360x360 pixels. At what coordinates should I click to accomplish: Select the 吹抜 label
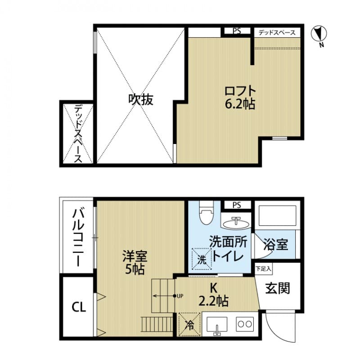pyautogui.click(x=140, y=99)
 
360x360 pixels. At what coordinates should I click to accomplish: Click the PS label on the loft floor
pyautogui.click(x=237, y=31)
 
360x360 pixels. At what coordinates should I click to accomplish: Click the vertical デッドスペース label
pyautogui.click(x=77, y=134)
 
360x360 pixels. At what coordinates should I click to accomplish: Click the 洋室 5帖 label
pyautogui.click(x=135, y=263)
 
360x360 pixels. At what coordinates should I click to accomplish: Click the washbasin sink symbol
pyautogui.click(x=237, y=222)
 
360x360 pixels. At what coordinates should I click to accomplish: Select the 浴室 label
pyautogui.click(x=276, y=245)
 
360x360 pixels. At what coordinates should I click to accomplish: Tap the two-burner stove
pyautogui.click(x=245, y=324)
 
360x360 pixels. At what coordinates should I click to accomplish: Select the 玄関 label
pyautogui.click(x=277, y=288)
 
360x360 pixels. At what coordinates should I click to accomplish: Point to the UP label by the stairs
pyautogui.click(x=180, y=296)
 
